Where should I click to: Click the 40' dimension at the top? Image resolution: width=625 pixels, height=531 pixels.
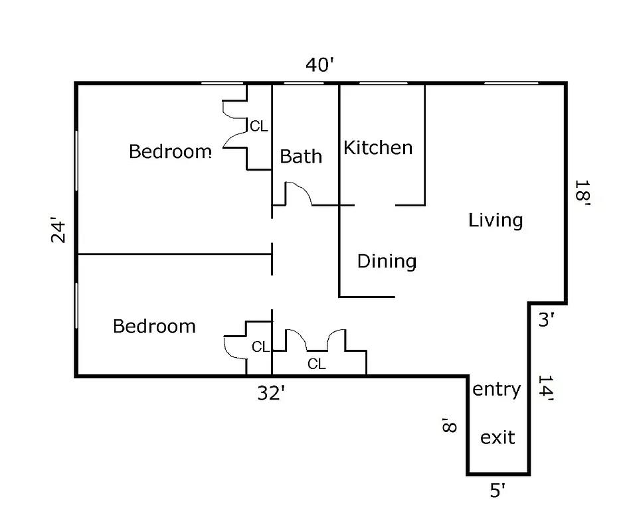[x=319, y=65]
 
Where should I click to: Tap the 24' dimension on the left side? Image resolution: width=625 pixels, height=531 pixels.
[x=60, y=232]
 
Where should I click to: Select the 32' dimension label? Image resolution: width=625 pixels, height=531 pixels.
[x=271, y=394]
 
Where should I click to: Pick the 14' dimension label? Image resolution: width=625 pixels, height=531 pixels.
[x=546, y=389]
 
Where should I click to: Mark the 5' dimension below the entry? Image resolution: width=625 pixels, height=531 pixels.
[x=497, y=491]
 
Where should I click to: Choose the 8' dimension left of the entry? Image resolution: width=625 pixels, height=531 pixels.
[x=450, y=425]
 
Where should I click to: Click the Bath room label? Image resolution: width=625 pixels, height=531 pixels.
[x=301, y=157]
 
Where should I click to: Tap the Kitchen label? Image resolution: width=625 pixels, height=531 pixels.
[x=378, y=147]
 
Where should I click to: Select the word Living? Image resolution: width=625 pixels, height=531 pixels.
[x=495, y=220]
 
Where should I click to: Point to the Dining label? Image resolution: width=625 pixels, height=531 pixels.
[x=387, y=261]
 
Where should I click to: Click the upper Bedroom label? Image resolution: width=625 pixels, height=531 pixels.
[x=170, y=151]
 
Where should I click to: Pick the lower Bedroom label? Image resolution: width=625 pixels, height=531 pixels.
[x=154, y=326]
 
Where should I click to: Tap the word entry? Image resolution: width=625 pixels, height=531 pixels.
[x=496, y=389]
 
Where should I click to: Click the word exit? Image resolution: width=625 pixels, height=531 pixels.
[x=497, y=437]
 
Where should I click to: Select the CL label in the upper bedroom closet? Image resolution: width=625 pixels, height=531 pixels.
[x=258, y=126]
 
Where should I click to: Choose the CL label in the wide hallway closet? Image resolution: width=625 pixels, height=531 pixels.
[x=317, y=364]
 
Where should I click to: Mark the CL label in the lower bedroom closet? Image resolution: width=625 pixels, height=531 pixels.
[x=260, y=346]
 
